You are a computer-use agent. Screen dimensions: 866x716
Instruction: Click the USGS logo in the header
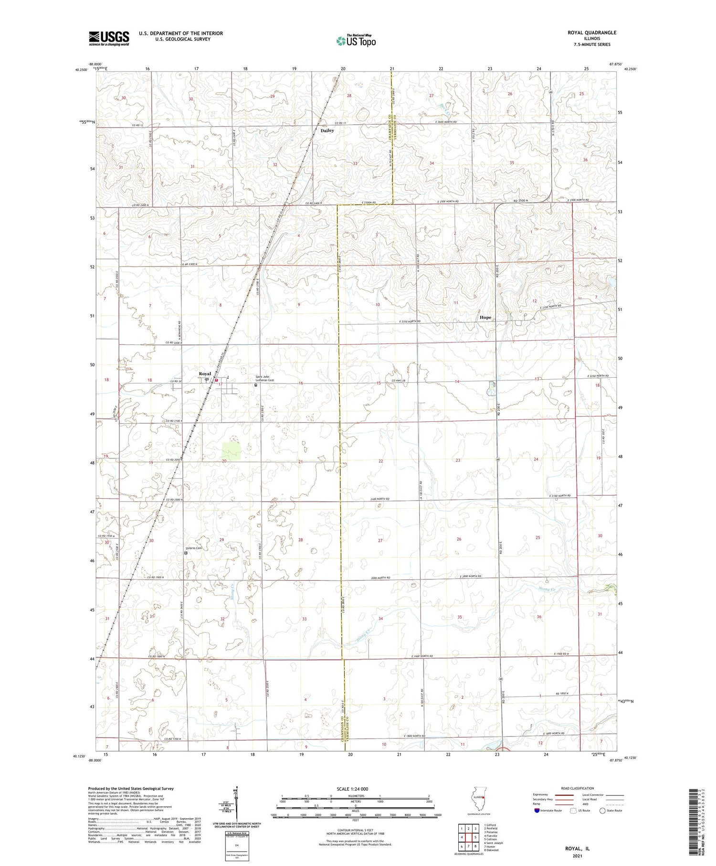click(109, 38)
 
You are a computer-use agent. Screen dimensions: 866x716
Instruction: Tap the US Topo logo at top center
click(356, 41)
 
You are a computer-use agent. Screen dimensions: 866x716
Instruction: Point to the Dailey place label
click(327, 130)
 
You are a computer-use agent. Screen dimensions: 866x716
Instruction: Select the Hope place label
click(485, 317)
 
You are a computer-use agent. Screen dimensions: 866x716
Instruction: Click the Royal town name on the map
click(205, 374)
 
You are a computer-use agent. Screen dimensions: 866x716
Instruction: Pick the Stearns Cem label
click(193, 548)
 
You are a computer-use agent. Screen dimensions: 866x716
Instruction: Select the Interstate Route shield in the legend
click(538, 810)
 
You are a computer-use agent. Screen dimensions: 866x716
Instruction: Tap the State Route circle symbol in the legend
click(602, 810)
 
